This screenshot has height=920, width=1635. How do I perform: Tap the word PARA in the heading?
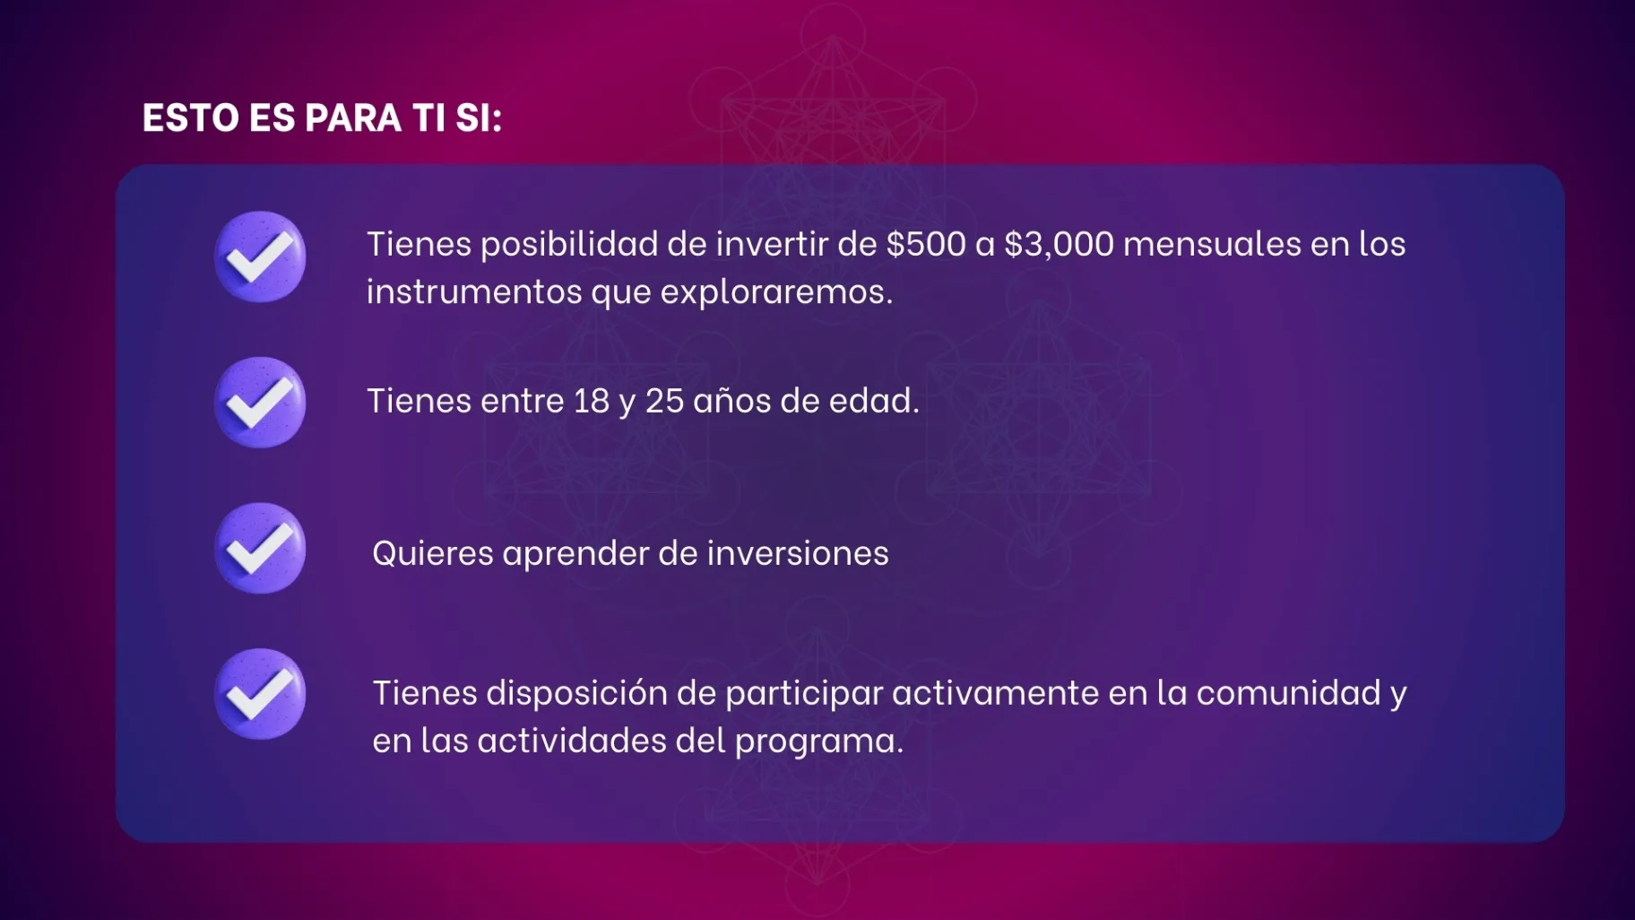[x=353, y=117]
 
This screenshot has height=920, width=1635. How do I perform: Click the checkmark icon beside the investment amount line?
[x=260, y=257]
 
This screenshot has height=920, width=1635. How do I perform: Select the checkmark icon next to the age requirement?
[x=260, y=403]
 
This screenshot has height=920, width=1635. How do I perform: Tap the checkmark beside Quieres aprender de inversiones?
[x=260, y=548]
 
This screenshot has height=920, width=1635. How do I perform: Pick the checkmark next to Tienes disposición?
[x=260, y=694]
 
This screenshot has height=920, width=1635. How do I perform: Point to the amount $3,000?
[x=1059, y=244]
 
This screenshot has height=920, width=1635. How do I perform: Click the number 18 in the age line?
[x=592, y=401]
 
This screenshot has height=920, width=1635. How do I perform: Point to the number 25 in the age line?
[x=664, y=401]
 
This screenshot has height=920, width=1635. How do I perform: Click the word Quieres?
[x=433, y=553]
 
